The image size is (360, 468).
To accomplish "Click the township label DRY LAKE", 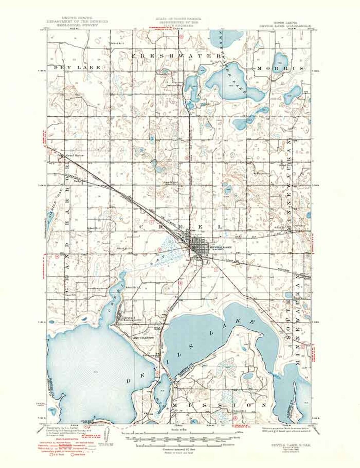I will pos(77,67).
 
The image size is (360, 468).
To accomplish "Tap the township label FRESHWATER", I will pos(176,56).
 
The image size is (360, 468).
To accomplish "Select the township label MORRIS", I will pos(281,68).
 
